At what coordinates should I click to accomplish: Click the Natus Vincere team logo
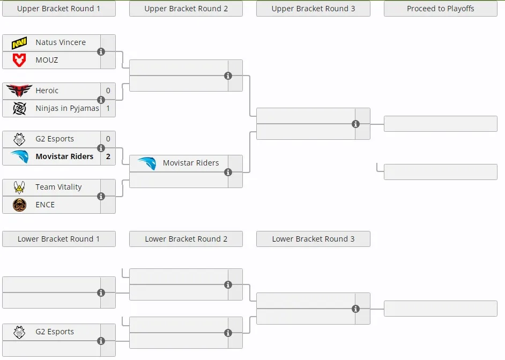(x=19, y=42)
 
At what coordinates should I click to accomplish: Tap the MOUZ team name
(x=47, y=60)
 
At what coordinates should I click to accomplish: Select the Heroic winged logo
(x=19, y=91)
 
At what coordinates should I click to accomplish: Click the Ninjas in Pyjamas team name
(x=68, y=108)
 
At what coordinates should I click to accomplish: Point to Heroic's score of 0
(x=108, y=91)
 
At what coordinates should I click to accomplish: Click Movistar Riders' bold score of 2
(x=108, y=156)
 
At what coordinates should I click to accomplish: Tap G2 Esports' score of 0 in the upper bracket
(x=108, y=139)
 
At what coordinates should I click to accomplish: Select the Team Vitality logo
(x=19, y=187)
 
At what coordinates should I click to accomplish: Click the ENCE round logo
(x=19, y=205)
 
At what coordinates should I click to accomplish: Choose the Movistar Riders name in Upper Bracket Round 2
(x=191, y=163)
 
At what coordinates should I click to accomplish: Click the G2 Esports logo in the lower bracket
(x=19, y=332)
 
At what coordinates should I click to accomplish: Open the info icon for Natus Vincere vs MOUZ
(x=101, y=51)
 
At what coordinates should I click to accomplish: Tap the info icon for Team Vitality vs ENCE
(x=101, y=196)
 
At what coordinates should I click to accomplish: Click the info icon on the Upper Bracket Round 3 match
(x=355, y=124)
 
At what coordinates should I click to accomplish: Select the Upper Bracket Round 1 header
(x=58, y=9)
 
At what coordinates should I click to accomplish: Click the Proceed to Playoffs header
(x=441, y=9)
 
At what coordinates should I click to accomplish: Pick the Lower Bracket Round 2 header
(x=186, y=239)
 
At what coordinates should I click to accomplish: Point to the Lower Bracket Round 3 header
(x=313, y=239)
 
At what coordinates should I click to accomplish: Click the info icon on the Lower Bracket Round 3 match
(x=355, y=309)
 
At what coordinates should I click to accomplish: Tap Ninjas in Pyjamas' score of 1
(x=108, y=108)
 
